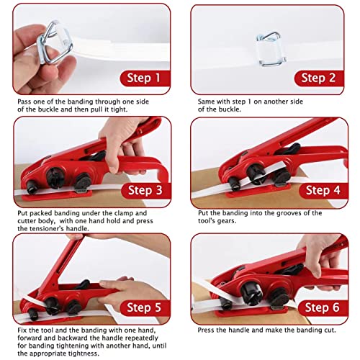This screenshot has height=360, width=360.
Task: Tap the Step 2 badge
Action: click(319, 78)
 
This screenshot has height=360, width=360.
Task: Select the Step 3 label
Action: click(145, 190)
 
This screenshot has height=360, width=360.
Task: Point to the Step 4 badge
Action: click(323, 190)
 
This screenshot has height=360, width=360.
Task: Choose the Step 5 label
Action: click(145, 307)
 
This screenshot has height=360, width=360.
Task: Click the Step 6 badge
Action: click(323, 307)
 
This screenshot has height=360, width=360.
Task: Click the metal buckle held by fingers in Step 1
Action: click(54, 42)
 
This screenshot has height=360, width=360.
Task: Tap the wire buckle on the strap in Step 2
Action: click(271, 49)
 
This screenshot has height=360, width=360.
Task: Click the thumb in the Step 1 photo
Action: click(27, 40)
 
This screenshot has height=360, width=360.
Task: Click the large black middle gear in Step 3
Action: click(55, 178)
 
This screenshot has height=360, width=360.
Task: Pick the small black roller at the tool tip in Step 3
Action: click(32, 187)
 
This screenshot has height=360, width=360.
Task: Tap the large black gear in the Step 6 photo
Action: click(251, 293)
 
